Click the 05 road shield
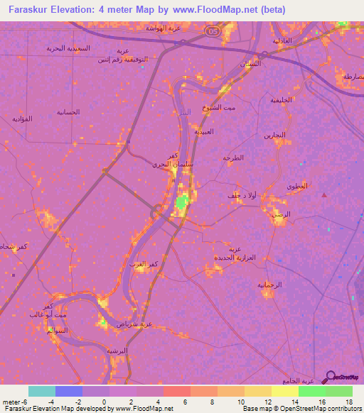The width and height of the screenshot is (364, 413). [x=211, y=31]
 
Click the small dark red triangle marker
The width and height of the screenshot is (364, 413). [x=325, y=194]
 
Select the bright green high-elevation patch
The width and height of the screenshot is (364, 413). [x=181, y=206]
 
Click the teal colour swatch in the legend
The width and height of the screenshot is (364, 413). [x=42, y=391]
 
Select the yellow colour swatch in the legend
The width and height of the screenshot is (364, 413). [x=285, y=391]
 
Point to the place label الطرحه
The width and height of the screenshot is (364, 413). [x=233, y=158]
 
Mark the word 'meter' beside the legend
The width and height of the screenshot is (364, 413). [x=12, y=402]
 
